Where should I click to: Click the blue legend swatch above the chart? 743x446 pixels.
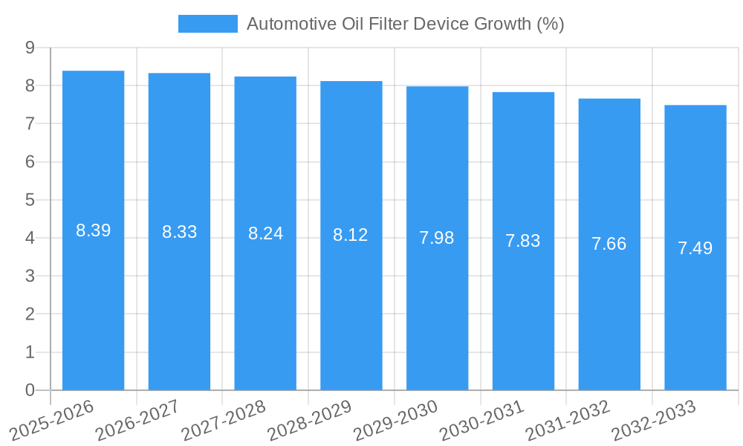pos(207,24)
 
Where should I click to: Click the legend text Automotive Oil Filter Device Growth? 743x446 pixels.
pos(405,24)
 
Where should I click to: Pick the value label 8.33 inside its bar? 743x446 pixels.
pos(180,232)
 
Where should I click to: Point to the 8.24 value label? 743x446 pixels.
pos(265,233)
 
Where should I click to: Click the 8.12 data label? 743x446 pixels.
pos(351,235)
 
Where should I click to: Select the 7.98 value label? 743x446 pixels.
pos(437,238)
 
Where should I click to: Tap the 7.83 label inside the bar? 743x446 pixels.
pos(523,241)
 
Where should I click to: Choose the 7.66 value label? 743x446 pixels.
pos(609,244)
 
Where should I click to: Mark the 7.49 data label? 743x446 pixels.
pos(695,248)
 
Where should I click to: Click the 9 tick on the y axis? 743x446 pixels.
pos(30,48)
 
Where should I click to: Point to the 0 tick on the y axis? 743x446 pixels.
pos(30,390)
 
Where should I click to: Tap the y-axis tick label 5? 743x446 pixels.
pos(30,200)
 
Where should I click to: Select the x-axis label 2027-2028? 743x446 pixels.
pos(222,420)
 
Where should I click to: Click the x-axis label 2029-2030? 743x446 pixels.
pos(395,420)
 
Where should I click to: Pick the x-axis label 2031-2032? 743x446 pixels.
pos(567,420)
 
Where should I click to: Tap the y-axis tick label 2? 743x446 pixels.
pos(30,314)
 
